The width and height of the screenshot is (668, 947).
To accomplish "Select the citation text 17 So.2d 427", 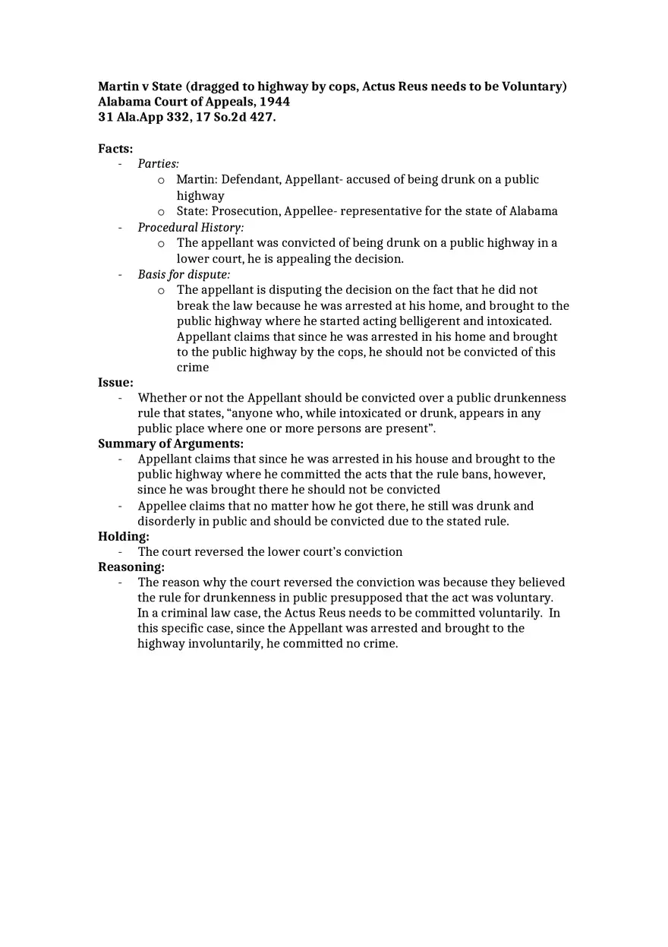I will (x=235, y=117).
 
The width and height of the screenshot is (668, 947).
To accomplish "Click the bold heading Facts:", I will (x=115, y=149).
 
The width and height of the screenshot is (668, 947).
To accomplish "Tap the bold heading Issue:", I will (x=115, y=383).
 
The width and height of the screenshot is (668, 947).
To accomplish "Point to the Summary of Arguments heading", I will (x=171, y=444).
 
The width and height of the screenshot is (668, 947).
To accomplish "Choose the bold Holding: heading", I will (x=124, y=536).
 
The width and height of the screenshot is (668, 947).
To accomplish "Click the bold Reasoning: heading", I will (x=131, y=567).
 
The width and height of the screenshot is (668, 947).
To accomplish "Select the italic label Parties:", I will (x=158, y=164).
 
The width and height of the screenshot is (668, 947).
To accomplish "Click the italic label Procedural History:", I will (x=191, y=228).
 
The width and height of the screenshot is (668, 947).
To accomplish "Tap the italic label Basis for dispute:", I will (x=184, y=274).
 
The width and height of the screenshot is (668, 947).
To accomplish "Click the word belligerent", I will (x=423, y=321).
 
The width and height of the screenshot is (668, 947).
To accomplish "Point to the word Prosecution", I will (x=245, y=211).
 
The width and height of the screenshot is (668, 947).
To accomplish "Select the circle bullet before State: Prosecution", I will (x=161, y=212).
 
